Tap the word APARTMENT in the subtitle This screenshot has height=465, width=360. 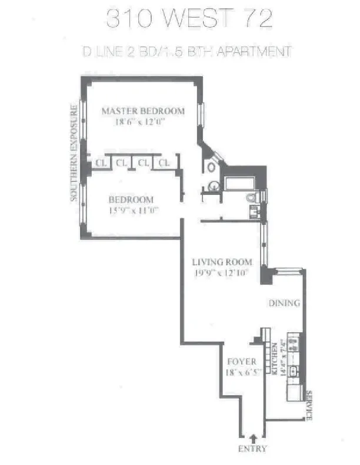pyautogui.click(x=254, y=52)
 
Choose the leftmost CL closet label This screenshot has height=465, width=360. pyautogui.click(x=101, y=163)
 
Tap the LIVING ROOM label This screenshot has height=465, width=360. pyautogui.click(x=223, y=262)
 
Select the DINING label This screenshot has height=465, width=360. pyautogui.click(x=285, y=304)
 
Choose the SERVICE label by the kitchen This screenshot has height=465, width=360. pyautogui.click(x=309, y=405)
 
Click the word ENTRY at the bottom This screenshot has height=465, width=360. pyautogui.click(x=254, y=449)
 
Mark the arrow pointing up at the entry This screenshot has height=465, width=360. pyautogui.click(x=254, y=437)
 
